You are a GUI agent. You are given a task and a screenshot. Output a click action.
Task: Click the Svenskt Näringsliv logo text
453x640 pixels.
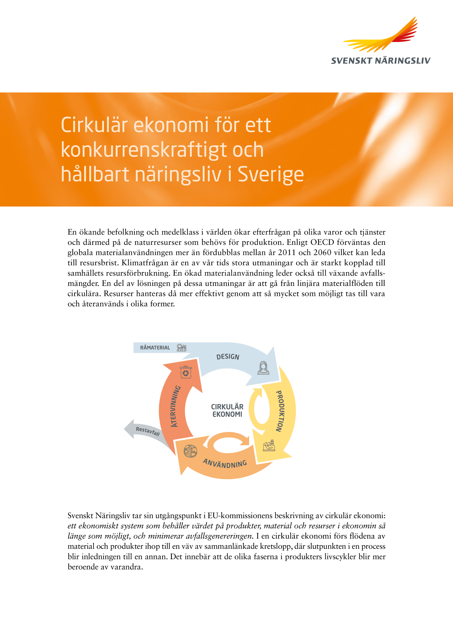381,61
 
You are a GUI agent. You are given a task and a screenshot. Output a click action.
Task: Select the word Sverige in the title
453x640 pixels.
271,174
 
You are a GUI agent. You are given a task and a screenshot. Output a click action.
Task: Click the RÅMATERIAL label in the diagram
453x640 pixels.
155,348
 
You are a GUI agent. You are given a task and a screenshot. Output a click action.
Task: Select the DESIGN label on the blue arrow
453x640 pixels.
228,357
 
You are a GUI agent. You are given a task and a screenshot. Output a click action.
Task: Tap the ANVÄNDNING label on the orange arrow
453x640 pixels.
225,463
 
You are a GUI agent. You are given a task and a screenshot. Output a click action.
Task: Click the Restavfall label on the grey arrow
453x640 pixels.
148,431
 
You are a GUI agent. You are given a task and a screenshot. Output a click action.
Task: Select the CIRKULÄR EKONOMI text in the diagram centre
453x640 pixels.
227,411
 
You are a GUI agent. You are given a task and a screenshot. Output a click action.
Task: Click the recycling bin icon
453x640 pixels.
186,372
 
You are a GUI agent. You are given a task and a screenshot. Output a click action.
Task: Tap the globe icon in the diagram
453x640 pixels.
190,451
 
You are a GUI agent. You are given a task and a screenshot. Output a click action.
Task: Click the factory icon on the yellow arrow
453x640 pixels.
269,446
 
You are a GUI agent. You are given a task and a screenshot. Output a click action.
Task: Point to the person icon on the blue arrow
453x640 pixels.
263,368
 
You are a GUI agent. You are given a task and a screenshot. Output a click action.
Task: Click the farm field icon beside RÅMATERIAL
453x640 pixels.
181,348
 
